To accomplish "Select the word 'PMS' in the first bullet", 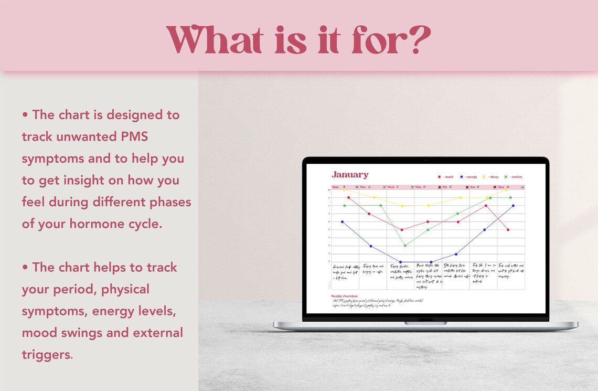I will click(x=133, y=136).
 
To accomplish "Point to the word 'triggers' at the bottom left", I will click(x=46, y=354).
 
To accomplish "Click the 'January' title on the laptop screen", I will click(x=350, y=175).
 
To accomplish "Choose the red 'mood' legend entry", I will click(x=445, y=177).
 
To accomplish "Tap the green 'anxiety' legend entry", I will click(x=514, y=177).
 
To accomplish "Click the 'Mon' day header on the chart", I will click(x=335, y=187).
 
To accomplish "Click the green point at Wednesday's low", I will click(x=404, y=245).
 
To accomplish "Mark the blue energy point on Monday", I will click(x=343, y=221).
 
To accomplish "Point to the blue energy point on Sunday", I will click(x=513, y=206).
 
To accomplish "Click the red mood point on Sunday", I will click(x=508, y=229).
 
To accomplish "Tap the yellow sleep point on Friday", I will click(x=460, y=198).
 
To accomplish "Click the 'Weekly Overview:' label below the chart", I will click(x=344, y=296).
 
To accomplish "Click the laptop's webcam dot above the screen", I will click(x=425, y=160).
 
